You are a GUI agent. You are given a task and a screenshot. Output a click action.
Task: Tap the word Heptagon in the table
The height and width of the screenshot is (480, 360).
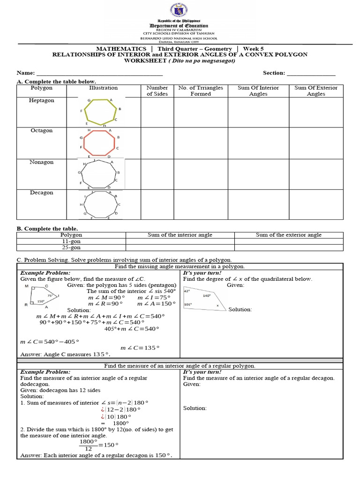coord(42,100)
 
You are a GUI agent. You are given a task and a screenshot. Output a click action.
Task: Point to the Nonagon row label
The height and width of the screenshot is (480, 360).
coord(42,162)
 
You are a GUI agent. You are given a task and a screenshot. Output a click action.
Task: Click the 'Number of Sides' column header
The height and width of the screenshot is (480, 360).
coord(157,90)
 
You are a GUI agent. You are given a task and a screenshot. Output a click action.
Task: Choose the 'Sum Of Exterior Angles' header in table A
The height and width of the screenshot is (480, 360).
coord(315,90)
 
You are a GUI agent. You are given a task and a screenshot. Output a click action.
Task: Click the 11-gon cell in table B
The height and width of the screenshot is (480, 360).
coord(71,241)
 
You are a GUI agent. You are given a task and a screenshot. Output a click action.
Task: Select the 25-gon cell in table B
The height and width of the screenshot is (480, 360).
coord(71,247)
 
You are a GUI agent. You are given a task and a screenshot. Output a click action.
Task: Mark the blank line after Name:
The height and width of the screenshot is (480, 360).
coord(99,74)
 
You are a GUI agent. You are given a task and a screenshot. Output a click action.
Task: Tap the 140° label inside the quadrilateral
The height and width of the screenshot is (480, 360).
coord(207,296)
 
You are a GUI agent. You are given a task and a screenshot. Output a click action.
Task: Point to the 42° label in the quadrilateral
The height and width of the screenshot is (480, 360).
coord(187,291)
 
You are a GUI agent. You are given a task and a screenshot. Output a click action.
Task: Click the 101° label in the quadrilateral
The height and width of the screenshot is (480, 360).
coord(187,304)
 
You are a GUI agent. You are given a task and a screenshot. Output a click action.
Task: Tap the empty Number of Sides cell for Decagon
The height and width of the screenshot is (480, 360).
coord(157,204)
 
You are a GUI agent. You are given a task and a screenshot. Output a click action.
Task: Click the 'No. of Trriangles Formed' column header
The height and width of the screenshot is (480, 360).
coord(201,90)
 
